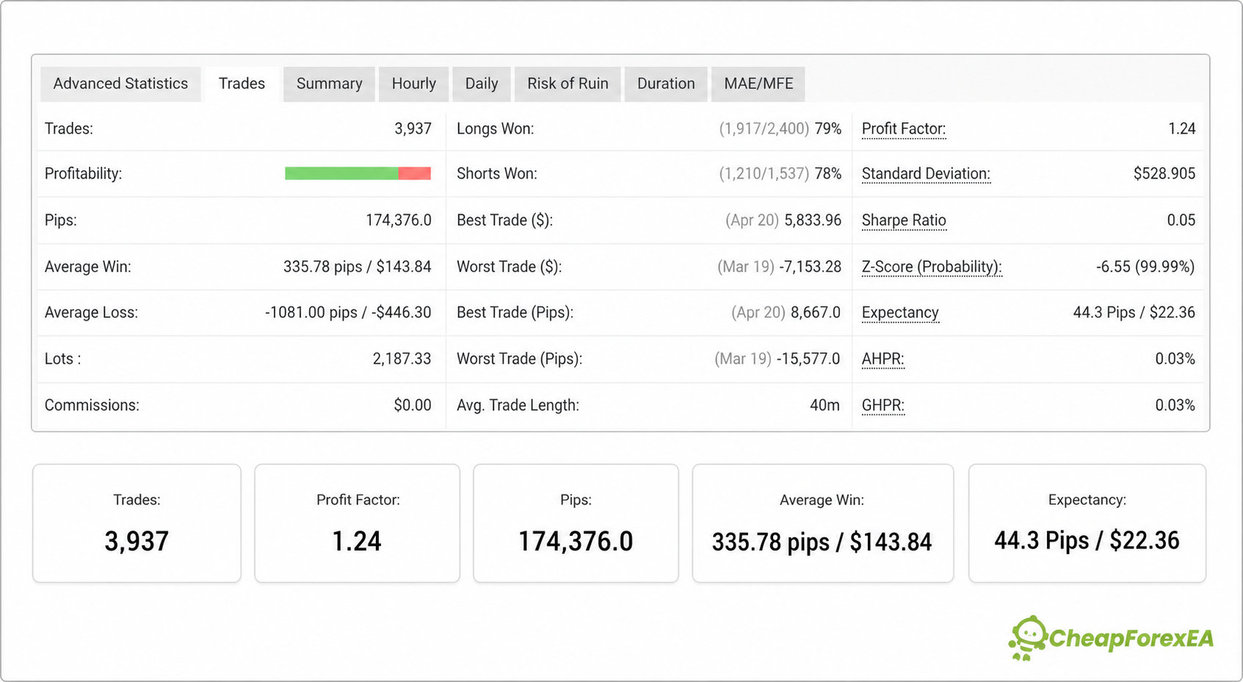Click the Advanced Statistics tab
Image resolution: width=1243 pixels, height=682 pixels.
(x=120, y=84)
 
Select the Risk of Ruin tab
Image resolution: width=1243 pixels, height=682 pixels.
(x=567, y=84)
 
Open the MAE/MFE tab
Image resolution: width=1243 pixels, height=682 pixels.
(x=758, y=84)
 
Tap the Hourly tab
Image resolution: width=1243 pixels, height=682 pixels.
(x=413, y=84)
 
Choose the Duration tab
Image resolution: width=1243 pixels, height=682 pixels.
(x=666, y=84)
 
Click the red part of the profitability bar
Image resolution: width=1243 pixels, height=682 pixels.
(x=415, y=173)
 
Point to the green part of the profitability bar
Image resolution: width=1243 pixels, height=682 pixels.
(x=341, y=173)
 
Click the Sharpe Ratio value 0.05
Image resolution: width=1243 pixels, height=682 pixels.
(x=1181, y=220)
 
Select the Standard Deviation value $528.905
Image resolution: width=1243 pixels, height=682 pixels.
(x=1164, y=174)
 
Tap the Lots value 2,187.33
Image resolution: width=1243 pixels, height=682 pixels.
(x=402, y=359)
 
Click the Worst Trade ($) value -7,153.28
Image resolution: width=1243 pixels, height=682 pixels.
(x=810, y=267)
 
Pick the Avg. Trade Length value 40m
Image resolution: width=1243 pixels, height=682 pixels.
(x=825, y=406)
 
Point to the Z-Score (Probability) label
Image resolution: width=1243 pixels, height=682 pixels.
(x=932, y=267)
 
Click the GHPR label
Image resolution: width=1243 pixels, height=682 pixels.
(x=883, y=406)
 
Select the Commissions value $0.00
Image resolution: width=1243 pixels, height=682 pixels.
(x=413, y=406)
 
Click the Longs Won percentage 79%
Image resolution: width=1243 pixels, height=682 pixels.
(x=828, y=128)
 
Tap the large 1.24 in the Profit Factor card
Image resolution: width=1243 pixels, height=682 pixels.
(x=357, y=541)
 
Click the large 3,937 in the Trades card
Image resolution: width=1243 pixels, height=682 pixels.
(x=137, y=541)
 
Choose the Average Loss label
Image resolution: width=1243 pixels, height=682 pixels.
(x=91, y=313)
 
